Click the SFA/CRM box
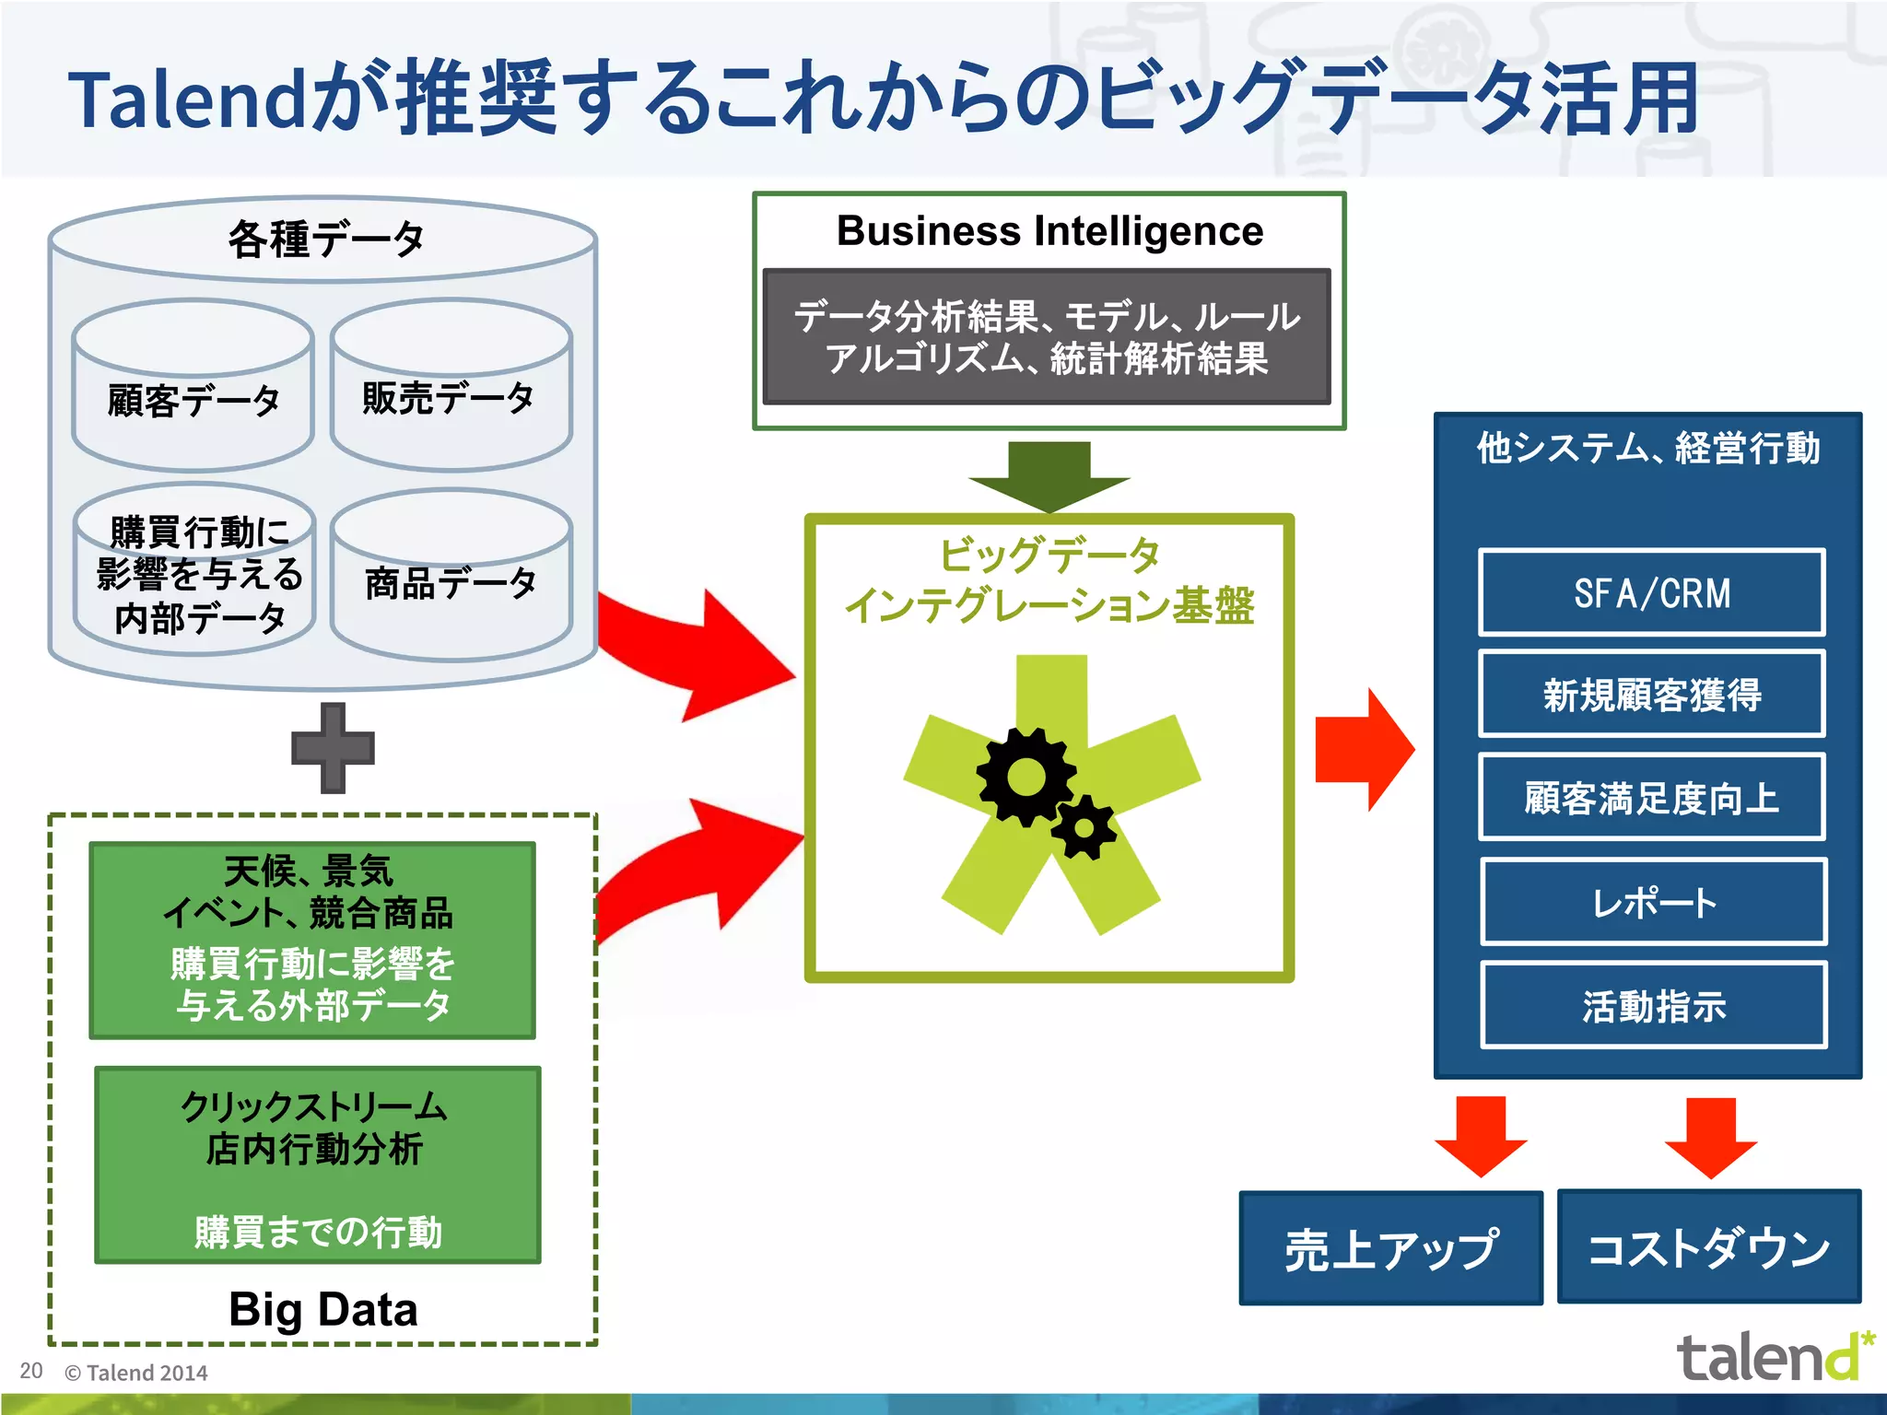coord(1651,593)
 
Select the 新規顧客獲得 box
coord(1651,695)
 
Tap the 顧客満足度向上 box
coord(1651,798)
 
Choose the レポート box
coord(1653,902)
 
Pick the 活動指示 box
coord(1653,1005)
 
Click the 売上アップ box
coord(1390,1248)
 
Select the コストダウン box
coord(1708,1246)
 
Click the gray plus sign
coord(333,748)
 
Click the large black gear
coord(1026,777)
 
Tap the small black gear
coord(1084,827)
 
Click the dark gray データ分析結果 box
coord(1047,337)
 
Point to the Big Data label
coord(322,1309)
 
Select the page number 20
coord(31,1371)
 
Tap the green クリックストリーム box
coord(318,1164)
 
